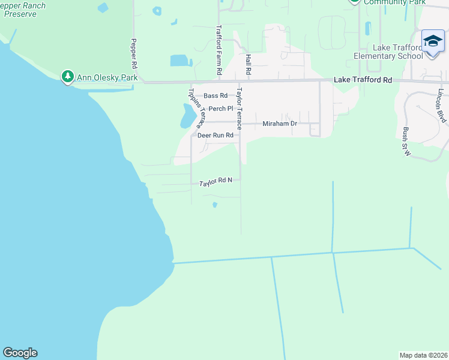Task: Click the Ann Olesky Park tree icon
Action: pyautogui.click(x=68, y=77)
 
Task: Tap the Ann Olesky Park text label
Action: pyautogui.click(x=107, y=78)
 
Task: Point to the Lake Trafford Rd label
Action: pyautogui.click(x=363, y=80)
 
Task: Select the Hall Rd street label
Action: pyautogui.click(x=248, y=64)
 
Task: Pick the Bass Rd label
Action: pyautogui.click(x=215, y=96)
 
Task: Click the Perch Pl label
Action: pyautogui.click(x=220, y=109)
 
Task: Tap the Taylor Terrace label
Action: pyautogui.click(x=239, y=109)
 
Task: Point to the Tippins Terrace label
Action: pyautogui.click(x=196, y=108)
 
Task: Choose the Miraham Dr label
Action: pyautogui.click(x=280, y=124)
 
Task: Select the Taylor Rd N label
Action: pyautogui.click(x=220, y=181)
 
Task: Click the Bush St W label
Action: pyautogui.click(x=406, y=142)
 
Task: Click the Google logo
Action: pyautogui.click(x=20, y=353)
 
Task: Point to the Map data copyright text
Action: pyautogui.click(x=423, y=355)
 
